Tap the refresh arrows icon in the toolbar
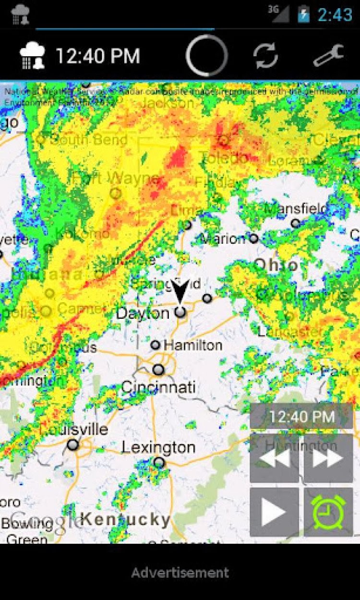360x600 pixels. click(265, 56)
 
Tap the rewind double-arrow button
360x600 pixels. click(275, 458)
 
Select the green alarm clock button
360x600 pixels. click(328, 512)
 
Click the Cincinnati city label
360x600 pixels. click(158, 387)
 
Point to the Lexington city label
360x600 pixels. click(158, 447)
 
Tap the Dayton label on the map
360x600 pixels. click(143, 313)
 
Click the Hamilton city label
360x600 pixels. click(193, 345)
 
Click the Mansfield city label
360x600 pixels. click(296, 209)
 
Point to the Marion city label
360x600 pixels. click(222, 239)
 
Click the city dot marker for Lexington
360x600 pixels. click(159, 463)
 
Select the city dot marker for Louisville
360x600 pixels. click(73, 445)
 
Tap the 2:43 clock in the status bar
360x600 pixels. click(335, 15)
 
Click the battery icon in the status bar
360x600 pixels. click(303, 14)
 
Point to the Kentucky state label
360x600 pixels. click(125, 519)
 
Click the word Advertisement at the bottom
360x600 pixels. click(180, 572)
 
